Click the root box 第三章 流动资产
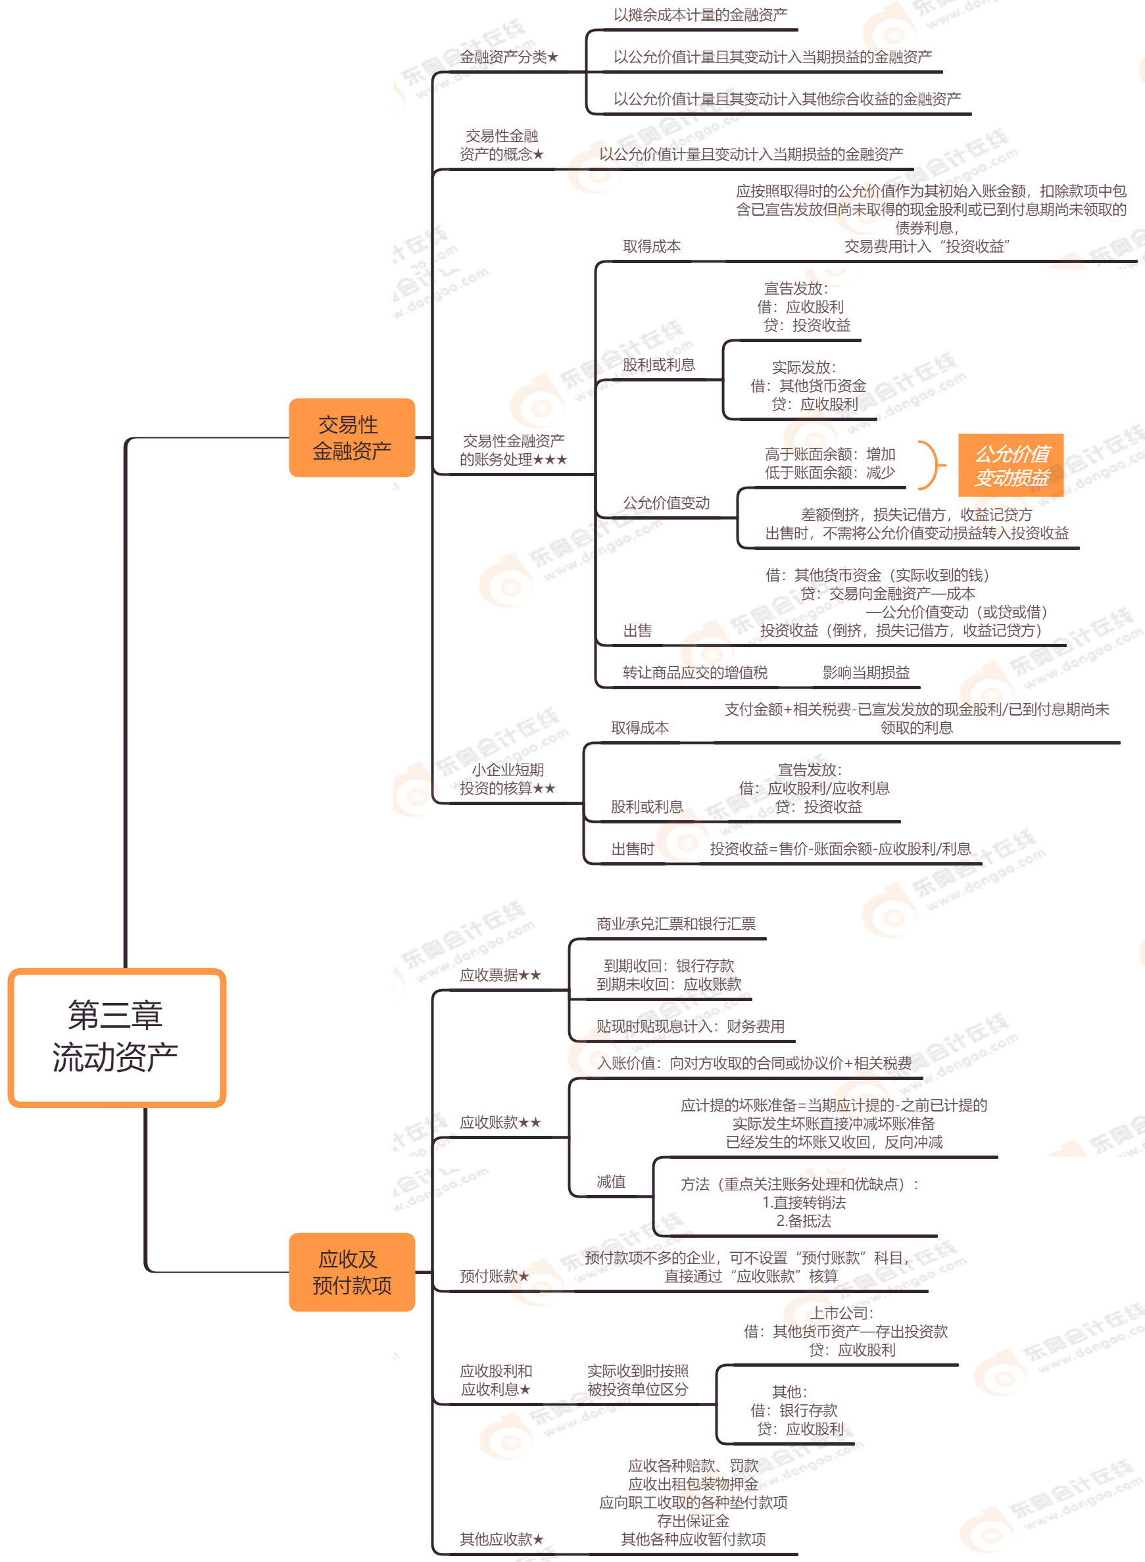tap(116, 1037)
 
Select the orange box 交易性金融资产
tap(351, 437)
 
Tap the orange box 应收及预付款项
tap(351, 1272)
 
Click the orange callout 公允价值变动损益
tap(1011, 466)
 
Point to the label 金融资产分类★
tap(509, 57)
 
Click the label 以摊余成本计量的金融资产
tap(700, 14)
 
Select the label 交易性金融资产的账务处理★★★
tap(513, 450)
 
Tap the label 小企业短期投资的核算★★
tap(507, 778)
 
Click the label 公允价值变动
tap(666, 502)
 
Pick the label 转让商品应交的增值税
tap(694, 672)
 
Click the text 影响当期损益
tap(865, 672)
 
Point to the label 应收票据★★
tap(500, 975)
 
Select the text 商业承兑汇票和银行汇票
tap(676, 924)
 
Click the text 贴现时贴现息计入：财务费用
tap(691, 1027)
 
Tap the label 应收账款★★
tap(500, 1123)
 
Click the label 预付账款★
tap(494, 1276)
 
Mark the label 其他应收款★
tap(502, 1539)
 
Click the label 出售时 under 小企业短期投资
tap(632, 849)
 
